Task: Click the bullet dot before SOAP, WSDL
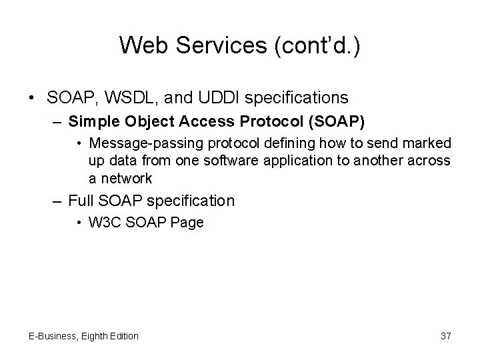pos(33,99)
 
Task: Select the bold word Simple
pos(91,122)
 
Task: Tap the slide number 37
pos(446,336)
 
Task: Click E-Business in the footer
pos(51,336)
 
